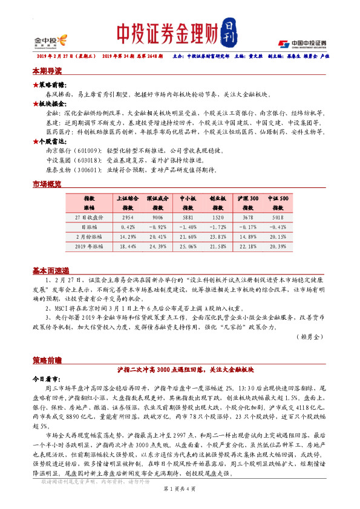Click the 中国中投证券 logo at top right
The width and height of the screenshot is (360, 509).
pos(302,44)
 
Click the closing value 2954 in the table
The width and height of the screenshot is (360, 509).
pos(127,216)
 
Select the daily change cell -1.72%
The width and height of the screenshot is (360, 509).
pos(218,227)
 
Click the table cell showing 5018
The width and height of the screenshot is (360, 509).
pos(278,216)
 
